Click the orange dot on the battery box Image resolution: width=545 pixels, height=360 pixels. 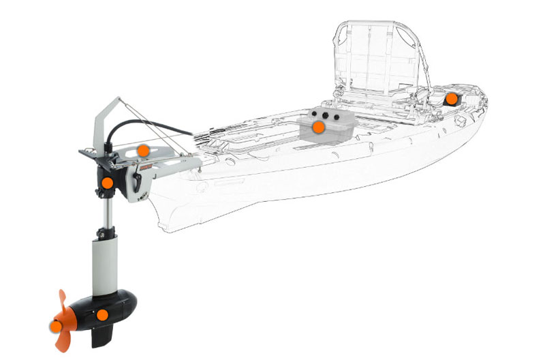tap(318, 127)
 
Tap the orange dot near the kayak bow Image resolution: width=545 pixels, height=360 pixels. tap(451, 98)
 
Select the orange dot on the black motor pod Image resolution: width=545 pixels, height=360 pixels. tap(102, 315)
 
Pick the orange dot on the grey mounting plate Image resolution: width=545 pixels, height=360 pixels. tap(142, 149)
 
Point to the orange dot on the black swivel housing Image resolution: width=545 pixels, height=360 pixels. tap(107, 182)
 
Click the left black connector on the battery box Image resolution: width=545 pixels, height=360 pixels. tap(315, 114)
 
